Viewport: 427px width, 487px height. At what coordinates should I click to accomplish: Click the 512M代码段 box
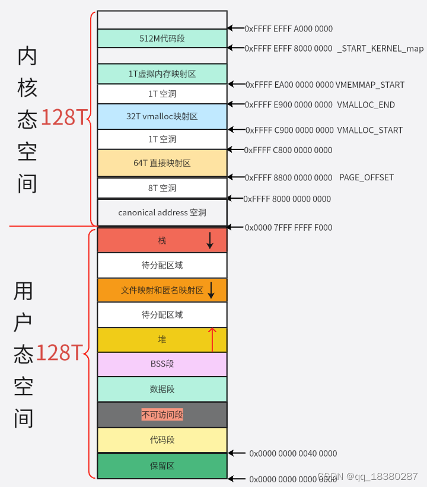[x=161, y=39]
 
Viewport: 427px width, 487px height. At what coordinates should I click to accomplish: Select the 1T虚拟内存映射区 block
[x=161, y=74]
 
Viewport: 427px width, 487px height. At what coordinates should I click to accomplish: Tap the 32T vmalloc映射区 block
[x=161, y=117]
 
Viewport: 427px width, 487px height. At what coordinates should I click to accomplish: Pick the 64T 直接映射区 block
[x=161, y=163]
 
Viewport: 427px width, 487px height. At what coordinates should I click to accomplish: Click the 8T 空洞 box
[x=161, y=188]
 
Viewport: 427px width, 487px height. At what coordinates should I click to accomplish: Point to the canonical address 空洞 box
[x=161, y=212]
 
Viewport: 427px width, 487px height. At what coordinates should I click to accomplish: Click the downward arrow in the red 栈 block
[x=209, y=240]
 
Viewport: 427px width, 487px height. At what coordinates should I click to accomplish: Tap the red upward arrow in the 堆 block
[x=212, y=339]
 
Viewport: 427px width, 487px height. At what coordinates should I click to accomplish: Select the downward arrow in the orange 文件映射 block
[x=211, y=290]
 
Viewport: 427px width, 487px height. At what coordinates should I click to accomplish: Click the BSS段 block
[x=161, y=364]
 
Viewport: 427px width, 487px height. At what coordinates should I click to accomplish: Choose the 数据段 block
[x=161, y=389]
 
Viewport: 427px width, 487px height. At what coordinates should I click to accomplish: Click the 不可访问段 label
[x=162, y=415]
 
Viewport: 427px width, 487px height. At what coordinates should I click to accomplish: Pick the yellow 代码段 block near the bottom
[x=161, y=440]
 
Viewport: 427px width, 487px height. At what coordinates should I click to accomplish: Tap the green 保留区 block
[x=161, y=466]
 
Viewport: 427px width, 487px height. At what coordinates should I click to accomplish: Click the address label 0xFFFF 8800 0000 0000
[x=289, y=177]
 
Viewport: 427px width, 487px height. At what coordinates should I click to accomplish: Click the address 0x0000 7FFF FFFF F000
[x=288, y=227]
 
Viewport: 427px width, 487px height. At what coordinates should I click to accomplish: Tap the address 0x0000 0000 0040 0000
[x=293, y=453]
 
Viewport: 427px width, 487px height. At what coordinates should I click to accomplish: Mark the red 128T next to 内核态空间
[x=63, y=118]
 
